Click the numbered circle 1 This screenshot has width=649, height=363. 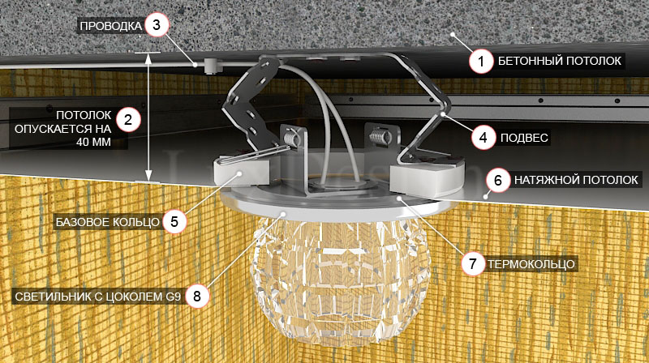[481, 62]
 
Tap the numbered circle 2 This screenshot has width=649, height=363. [128, 120]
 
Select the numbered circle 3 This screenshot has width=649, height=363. [157, 25]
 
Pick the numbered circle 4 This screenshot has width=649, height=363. [484, 137]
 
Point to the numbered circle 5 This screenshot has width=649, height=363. [174, 221]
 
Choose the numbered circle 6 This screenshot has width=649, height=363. [497, 180]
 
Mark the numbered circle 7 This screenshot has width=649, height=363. [473, 263]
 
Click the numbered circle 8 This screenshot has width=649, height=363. [196, 296]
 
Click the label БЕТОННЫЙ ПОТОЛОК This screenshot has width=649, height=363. [559, 62]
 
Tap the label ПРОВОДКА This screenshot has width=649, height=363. [111, 26]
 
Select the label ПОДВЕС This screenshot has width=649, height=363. [524, 138]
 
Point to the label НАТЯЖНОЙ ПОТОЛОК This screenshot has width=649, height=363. [576, 180]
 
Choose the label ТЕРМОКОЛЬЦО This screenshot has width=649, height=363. [531, 264]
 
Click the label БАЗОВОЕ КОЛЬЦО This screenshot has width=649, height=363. [108, 223]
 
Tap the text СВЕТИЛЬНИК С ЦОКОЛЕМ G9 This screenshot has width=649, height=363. [97, 297]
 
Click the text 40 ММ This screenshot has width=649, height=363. [93, 143]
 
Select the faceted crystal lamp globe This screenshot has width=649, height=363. [340, 281]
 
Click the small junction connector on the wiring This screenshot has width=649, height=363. [212, 66]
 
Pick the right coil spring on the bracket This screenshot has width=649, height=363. [379, 135]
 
